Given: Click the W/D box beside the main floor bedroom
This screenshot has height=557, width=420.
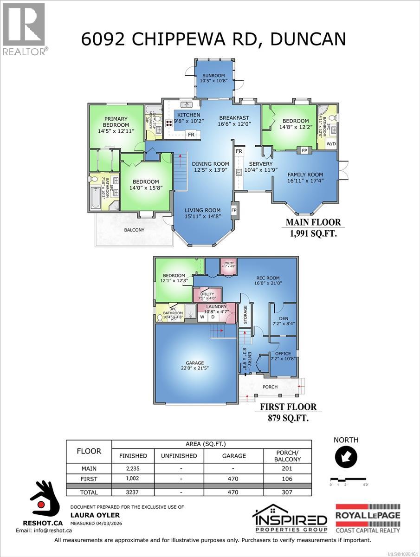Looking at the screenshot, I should click(331, 144).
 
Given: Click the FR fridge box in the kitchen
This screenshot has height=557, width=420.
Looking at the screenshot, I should click(191, 135).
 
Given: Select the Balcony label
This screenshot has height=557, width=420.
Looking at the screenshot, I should click(134, 230).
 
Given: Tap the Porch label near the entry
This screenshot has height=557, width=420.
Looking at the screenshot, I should click(270, 387).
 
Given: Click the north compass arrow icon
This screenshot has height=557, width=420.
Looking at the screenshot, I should click(346, 457).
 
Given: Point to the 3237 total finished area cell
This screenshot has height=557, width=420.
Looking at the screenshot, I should click(133, 492).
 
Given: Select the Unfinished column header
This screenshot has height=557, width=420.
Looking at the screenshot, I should click(179, 456).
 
